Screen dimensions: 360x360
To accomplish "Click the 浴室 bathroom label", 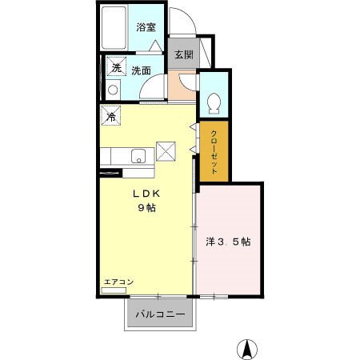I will tap(145, 27).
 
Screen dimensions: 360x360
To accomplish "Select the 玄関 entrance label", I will tap(183, 55).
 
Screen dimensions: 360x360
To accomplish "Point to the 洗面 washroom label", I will tap(142, 70).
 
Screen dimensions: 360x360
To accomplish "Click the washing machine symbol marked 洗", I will tap(115, 68).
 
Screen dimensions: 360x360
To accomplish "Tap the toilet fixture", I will tap(214, 102).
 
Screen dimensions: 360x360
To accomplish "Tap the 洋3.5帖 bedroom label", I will tap(228, 241).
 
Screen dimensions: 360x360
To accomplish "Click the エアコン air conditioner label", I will tap(118, 282).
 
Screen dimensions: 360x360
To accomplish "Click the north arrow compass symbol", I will tap(248, 349).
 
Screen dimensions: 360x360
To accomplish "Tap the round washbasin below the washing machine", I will tap(113, 90).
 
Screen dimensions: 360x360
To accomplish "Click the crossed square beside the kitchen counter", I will tap(166, 150).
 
